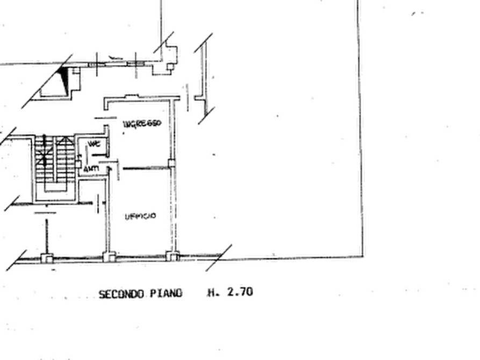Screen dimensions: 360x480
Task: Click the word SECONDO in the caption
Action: coord(121,294)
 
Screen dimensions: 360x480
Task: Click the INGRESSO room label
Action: coord(141,125)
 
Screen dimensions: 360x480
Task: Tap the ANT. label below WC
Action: coord(92,170)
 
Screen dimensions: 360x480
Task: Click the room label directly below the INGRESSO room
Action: coord(139,215)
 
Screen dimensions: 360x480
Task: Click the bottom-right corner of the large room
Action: coord(359,253)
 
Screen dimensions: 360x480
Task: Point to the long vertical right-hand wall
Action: coord(358,134)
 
